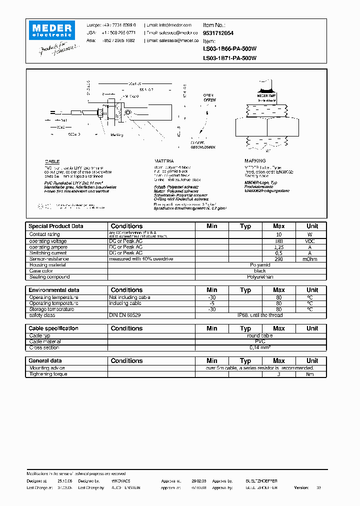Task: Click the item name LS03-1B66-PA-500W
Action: (229, 49)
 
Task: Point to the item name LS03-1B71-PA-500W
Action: (229, 58)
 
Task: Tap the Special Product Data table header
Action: (55, 226)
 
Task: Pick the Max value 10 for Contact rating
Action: (278, 234)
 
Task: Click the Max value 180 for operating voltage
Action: (278, 241)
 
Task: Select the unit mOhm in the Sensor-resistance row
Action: (312, 259)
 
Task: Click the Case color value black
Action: (260, 270)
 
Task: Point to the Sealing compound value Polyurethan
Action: (260, 276)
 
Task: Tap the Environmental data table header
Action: (53, 290)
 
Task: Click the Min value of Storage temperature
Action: (211, 309)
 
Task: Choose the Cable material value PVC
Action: (260, 341)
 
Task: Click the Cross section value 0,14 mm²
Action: (260, 347)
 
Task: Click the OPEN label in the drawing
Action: (208, 95)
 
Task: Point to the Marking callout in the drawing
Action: (116, 134)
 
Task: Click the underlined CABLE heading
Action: (52, 161)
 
